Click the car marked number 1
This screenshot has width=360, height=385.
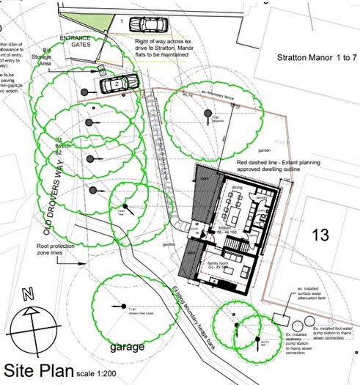153,26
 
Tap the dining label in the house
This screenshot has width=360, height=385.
237,188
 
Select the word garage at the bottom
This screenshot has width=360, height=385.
126,345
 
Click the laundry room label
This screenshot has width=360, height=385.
261,197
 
